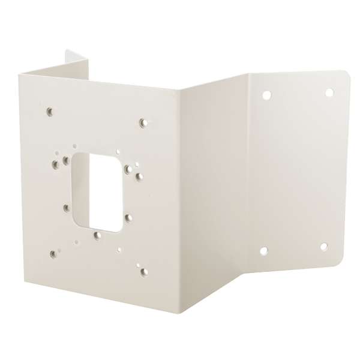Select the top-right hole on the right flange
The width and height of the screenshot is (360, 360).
(329, 92)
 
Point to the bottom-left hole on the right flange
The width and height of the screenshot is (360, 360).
(264, 253)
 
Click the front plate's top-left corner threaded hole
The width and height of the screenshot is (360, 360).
(49, 112)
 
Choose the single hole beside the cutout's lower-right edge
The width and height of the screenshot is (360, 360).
(128, 218)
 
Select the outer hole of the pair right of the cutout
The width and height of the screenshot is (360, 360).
(140, 177)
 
